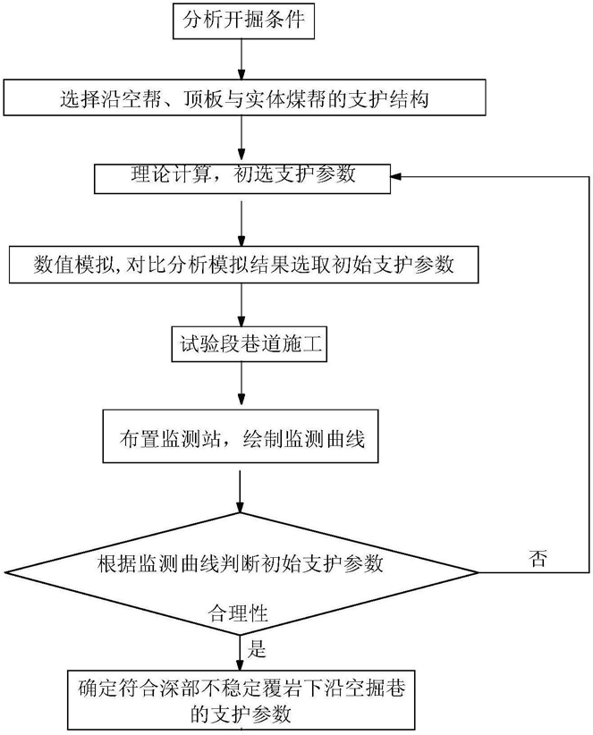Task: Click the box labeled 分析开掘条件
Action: pyautogui.click(x=243, y=21)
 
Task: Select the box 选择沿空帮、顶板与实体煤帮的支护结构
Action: pyautogui.click(x=244, y=97)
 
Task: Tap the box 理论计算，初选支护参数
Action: pyautogui.click(x=242, y=179)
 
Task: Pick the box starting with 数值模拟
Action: pyautogui.click(x=244, y=266)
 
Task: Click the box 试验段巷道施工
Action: pyautogui.click(x=249, y=344)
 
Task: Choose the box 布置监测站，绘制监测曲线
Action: pyautogui.click(x=241, y=436)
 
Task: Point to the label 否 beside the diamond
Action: pyautogui.click(x=538, y=558)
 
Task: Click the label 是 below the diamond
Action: pyautogui.click(x=257, y=649)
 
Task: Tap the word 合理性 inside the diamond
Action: pyautogui.click(x=238, y=613)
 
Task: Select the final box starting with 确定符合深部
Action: pyautogui.click(x=241, y=699)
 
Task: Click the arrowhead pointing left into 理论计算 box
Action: pyautogui.click(x=396, y=177)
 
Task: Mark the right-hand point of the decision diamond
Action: pyautogui.click(x=479, y=572)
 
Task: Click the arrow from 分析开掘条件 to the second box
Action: pyautogui.click(x=241, y=60)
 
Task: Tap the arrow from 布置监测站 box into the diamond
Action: pyautogui.click(x=240, y=491)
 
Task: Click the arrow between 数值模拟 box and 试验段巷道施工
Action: pyautogui.click(x=241, y=305)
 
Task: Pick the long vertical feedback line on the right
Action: pyautogui.click(x=589, y=375)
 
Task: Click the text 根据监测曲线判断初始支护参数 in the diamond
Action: pyautogui.click(x=241, y=563)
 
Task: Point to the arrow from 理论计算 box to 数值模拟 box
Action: pyautogui.click(x=241, y=224)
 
